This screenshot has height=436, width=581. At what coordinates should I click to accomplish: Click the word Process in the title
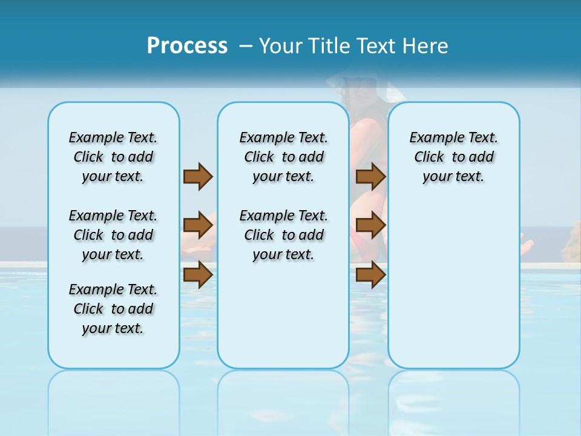(187, 45)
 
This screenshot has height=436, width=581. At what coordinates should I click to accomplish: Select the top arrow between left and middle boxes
(198, 177)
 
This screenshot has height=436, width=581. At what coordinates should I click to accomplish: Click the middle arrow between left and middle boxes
(198, 225)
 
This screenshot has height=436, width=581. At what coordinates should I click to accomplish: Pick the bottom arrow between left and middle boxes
(198, 275)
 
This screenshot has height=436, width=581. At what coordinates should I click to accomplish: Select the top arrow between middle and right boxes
(370, 177)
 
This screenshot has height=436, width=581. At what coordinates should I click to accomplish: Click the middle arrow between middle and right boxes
(370, 225)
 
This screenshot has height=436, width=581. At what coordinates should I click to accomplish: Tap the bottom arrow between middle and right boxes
(370, 275)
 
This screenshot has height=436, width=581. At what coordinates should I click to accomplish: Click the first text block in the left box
(113, 157)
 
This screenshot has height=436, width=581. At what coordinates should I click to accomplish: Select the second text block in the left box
(113, 235)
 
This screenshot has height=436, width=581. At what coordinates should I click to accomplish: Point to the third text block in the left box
(113, 309)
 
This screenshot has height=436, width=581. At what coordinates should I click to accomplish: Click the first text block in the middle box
(283, 157)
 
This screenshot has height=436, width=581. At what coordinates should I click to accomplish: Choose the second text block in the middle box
(283, 235)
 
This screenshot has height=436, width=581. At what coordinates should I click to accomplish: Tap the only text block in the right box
(453, 157)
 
